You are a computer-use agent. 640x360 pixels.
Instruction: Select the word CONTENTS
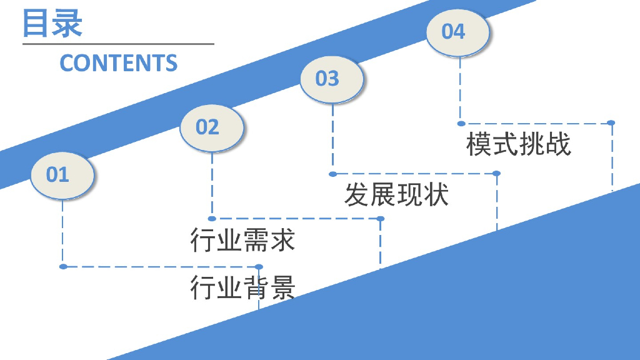pos(119,63)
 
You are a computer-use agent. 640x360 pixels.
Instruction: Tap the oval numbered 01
pos(62,174)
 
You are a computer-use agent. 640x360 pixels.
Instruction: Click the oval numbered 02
pos(211,127)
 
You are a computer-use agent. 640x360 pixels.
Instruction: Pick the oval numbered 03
pos(331,79)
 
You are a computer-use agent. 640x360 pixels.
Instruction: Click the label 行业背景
pos(242,287)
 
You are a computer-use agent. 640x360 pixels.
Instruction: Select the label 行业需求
pos(242,240)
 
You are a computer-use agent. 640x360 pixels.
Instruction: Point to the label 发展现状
pos(396,195)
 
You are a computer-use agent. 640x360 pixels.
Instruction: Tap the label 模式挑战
pos(519,144)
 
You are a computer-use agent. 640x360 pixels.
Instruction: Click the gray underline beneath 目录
pos(118,44)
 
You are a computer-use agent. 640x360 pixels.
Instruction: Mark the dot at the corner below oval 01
pos(63,267)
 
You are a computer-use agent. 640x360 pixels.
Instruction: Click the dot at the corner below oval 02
pos(212,219)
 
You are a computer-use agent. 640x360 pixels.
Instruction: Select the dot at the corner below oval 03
pos(332,174)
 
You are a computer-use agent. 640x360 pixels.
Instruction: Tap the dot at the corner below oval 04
pos(461,123)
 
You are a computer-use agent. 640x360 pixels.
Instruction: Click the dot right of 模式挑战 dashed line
pos(611,123)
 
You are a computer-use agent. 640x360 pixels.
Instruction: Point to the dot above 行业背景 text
pos(259,267)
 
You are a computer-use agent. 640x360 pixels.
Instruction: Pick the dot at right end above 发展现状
pos(496,173)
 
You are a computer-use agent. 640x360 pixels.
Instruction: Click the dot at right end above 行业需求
pos(380,219)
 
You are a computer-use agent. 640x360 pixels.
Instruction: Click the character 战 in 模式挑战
pos(558,144)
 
